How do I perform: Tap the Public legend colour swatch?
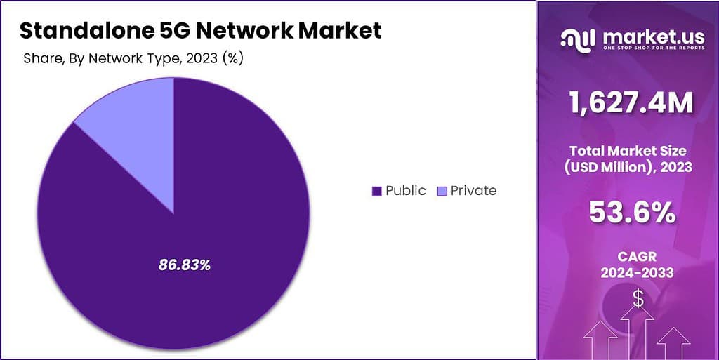[x=376, y=191]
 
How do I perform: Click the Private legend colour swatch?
[x=441, y=191]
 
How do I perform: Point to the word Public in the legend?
[x=405, y=191]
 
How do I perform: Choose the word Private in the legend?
[x=473, y=191]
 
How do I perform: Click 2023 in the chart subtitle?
[x=201, y=58]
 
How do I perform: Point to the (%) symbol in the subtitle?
[x=232, y=58]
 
